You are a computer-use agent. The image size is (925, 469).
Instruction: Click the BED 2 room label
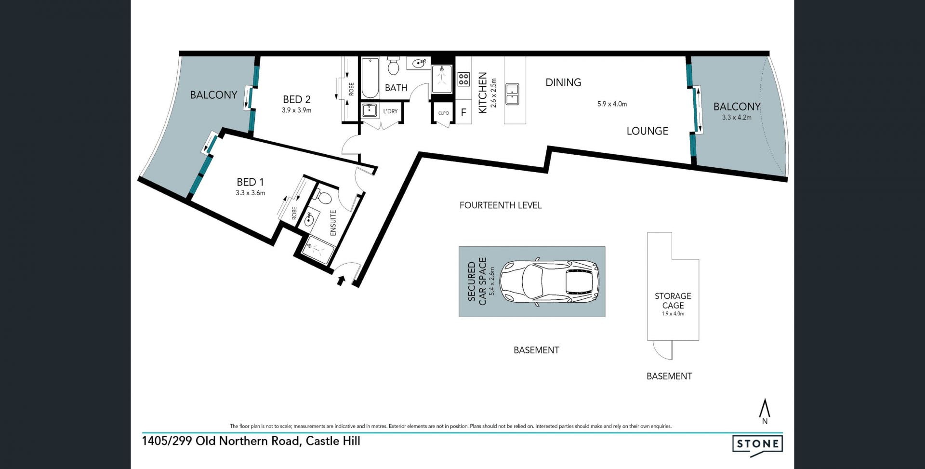(296, 99)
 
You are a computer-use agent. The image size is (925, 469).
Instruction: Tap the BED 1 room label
(250, 182)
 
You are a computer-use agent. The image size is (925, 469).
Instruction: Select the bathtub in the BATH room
(370, 78)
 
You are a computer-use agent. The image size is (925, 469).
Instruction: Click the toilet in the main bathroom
(394, 66)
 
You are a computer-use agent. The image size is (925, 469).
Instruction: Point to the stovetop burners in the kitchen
(463, 79)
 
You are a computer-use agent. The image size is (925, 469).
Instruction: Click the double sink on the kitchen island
(512, 94)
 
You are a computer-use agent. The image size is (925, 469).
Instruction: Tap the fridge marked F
(463, 113)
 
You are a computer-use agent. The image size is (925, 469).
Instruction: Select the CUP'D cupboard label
(443, 113)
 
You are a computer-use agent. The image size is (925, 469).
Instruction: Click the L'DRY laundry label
(390, 111)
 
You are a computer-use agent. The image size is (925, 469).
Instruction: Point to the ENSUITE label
(333, 223)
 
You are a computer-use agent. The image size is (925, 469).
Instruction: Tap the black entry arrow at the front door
(341, 280)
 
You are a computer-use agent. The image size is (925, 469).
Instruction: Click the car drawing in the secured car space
(549, 282)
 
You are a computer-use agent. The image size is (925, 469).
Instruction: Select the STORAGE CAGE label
(673, 301)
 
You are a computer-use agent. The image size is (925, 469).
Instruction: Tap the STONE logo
(757, 443)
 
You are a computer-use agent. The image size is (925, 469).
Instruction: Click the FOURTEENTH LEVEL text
(501, 205)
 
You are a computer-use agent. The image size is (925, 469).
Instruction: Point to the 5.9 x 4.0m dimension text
(612, 104)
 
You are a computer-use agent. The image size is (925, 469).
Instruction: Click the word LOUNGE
(647, 131)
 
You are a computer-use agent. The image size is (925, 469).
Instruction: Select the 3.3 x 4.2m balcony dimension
(737, 117)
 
